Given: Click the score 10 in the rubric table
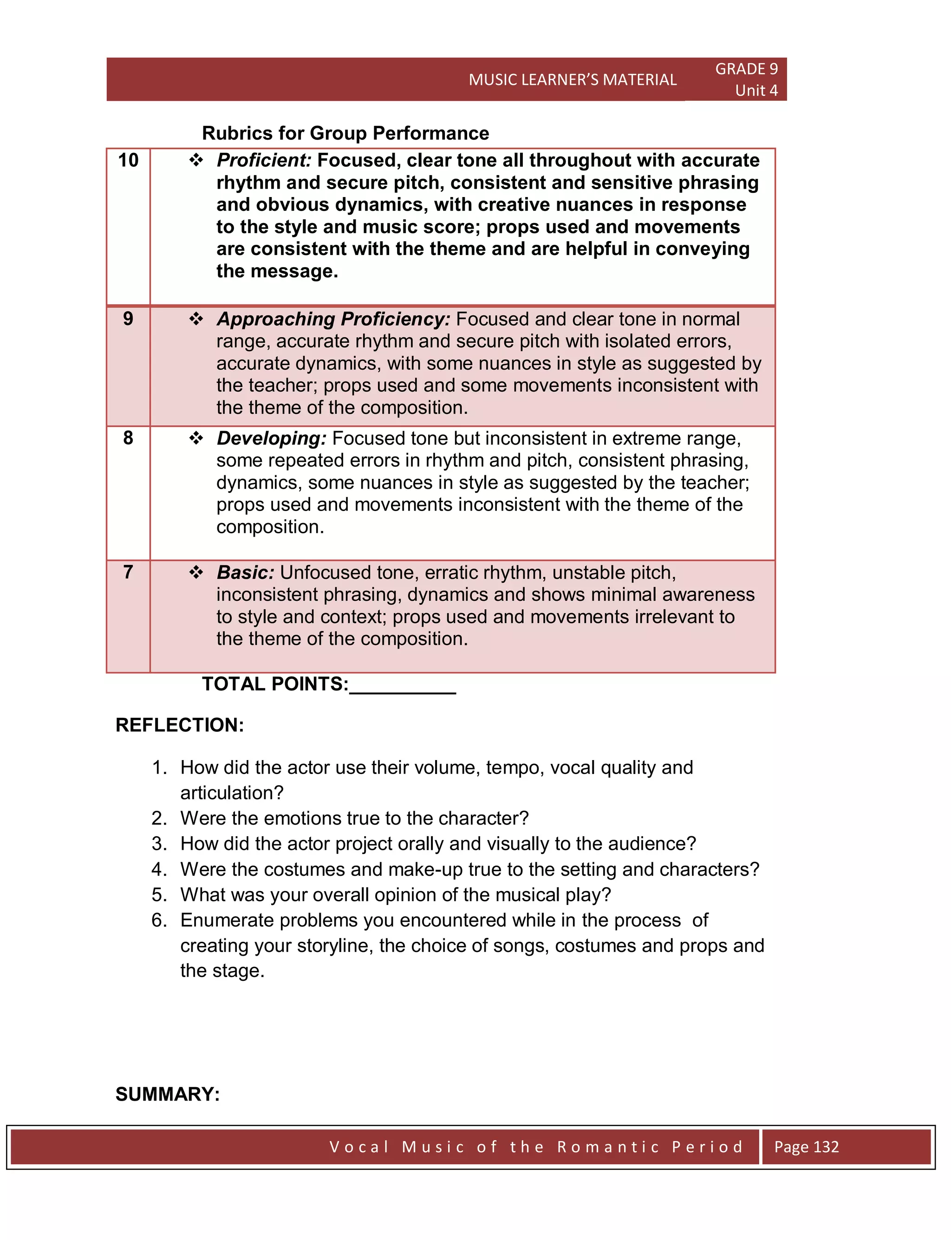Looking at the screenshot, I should (x=128, y=160).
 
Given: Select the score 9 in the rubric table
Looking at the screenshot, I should (x=128, y=319).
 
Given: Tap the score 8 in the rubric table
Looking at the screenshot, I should (x=128, y=438).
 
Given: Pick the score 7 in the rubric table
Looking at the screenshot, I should (x=128, y=572).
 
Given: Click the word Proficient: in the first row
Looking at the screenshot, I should (x=264, y=160).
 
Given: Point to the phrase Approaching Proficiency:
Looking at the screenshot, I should (x=333, y=319).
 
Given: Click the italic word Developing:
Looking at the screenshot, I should (x=271, y=438).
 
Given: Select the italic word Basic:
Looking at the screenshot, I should (x=245, y=572).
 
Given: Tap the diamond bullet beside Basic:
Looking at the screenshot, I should (x=196, y=572).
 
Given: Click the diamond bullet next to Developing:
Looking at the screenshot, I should (x=196, y=438).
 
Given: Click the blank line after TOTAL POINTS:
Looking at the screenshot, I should (x=403, y=686).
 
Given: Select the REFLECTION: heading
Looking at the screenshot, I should (x=179, y=725).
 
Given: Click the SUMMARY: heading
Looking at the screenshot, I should (x=168, y=1094).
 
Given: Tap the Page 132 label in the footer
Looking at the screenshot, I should (x=806, y=1147).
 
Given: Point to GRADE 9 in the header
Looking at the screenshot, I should (x=746, y=69).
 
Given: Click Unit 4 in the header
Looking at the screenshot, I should (x=756, y=91).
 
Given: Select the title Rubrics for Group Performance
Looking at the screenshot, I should (x=345, y=133).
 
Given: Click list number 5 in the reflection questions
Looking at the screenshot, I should (x=159, y=895).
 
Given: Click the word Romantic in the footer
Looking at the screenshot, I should (x=608, y=1147).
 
